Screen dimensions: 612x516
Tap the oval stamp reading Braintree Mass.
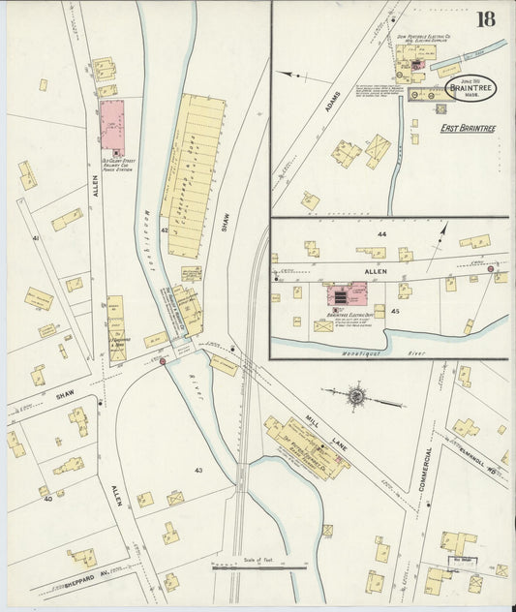click(470, 89)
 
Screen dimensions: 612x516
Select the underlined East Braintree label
click(462, 127)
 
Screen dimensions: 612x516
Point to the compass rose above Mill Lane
click(356, 395)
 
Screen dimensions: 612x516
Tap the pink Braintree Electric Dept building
click(348, 294)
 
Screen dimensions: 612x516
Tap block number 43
click(197, 471)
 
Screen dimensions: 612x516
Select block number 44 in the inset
click(381, 235)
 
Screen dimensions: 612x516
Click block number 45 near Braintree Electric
click(395, 311)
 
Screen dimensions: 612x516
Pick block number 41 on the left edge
click(35, 237)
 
